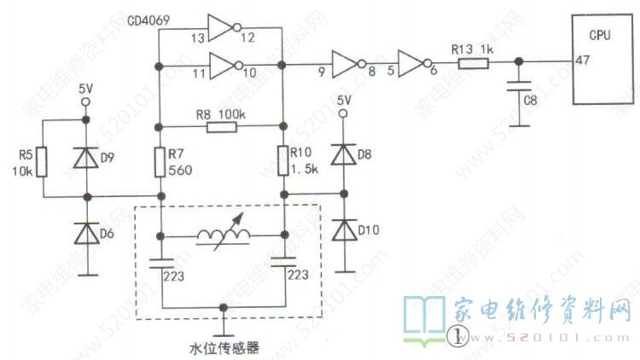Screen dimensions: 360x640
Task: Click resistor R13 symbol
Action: [x=465, y=62]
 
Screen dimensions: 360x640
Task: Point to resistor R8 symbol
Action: [x=221, y=125]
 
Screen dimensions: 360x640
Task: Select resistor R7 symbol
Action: [x=159, y=160]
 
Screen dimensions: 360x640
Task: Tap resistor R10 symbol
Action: [x=283, y=160]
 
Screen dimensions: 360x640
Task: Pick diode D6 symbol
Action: [x=84, y=233]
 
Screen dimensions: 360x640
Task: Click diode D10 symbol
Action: [x=344, y=230]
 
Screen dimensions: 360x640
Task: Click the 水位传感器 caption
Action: [x=224, y=347]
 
